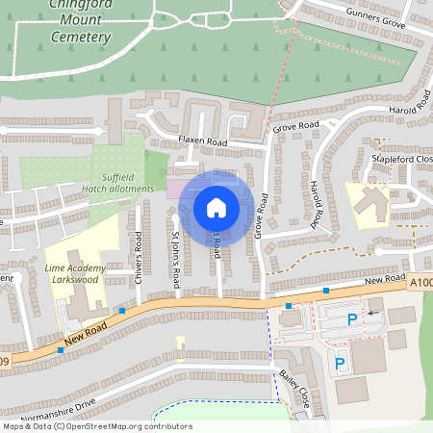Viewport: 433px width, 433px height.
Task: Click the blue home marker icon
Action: [x=216, y=207]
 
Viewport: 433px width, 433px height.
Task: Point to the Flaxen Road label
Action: [x=202, y=141]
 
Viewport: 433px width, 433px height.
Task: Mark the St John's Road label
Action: [x=175, y=259]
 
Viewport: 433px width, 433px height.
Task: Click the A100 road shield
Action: [x=420, y=282]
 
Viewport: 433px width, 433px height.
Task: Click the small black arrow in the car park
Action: [x=371, y=314]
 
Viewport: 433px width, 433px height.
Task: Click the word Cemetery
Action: [x=82, y=38]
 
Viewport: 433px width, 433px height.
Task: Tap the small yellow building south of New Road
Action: [x=180, y=344]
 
